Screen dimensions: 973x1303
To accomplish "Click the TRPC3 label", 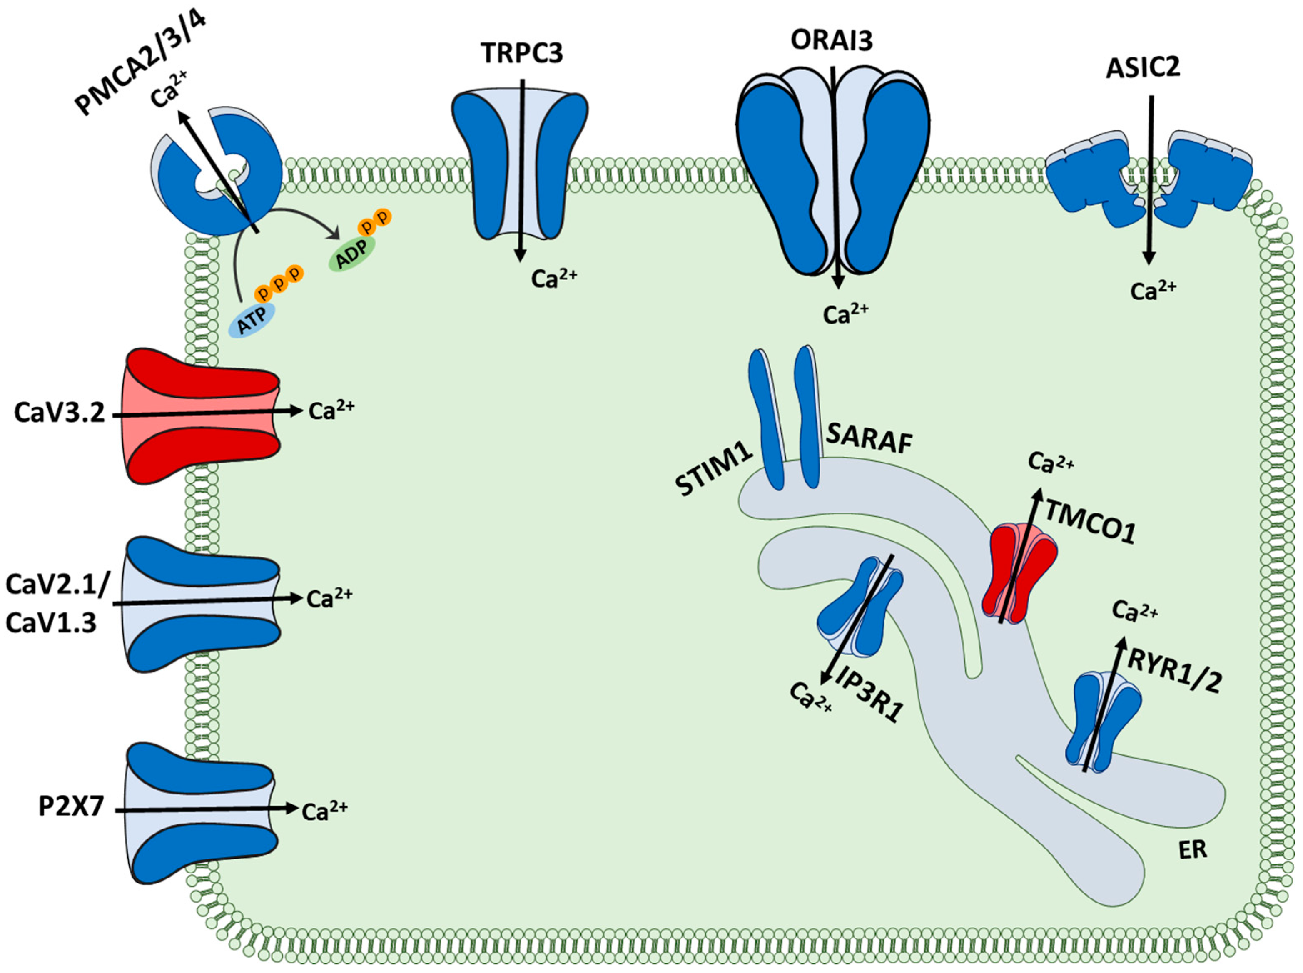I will click(x=522, y=53).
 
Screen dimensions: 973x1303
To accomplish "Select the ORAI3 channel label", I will click(x=831, y=40).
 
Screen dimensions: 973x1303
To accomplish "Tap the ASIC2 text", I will click(x=1142, y=68).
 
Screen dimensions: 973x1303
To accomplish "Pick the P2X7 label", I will click(x=71, y=806).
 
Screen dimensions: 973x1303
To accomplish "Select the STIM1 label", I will click(x=714, y=469).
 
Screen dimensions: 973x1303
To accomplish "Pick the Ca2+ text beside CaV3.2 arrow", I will click(x=331, y=411).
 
